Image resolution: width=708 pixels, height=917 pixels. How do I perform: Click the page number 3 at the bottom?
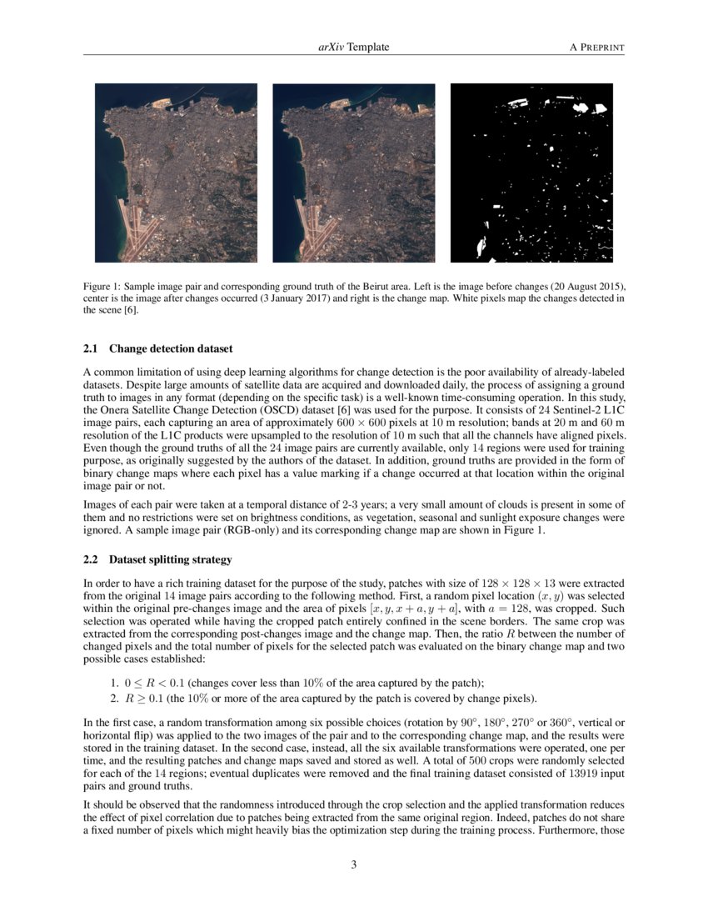pos(354,864)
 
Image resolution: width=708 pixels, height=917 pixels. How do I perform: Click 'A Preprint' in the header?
pos(596,48)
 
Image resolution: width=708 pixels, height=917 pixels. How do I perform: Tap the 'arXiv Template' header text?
pos(353,48)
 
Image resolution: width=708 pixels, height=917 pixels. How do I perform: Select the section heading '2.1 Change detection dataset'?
pos(158,348)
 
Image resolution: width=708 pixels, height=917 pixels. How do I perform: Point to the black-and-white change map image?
pos(531,173)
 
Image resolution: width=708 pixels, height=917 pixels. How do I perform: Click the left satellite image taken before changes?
pos(176,173)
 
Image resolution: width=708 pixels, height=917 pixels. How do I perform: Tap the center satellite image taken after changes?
pos(353,173)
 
